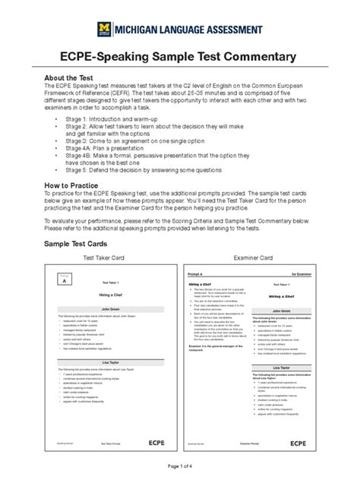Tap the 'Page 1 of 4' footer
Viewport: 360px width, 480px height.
coord(180,465)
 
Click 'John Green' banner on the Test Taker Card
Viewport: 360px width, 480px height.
coord(110,309)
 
